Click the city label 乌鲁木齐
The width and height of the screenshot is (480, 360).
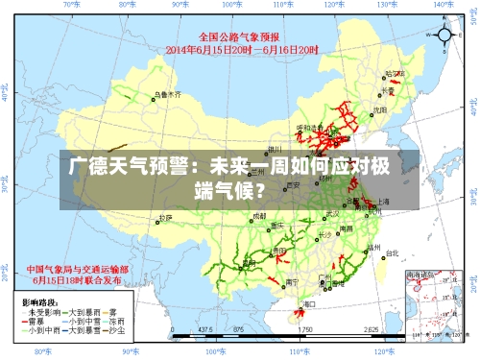166,95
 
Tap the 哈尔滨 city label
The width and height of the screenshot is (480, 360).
394,73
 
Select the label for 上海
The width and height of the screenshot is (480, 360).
383,202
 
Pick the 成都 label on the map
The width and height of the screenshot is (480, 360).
258,216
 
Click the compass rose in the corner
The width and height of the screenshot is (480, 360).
445,36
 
